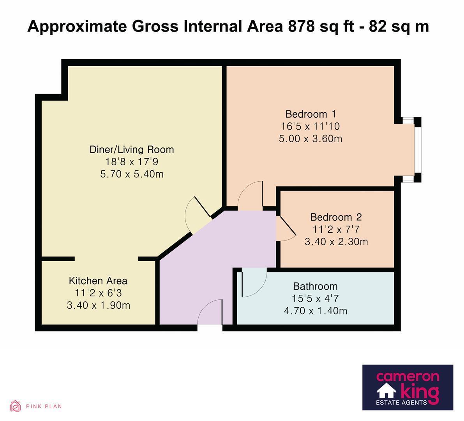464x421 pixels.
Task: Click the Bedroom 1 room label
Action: pyautogui.click(x=311, y=114)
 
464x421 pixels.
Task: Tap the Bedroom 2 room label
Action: pyautogui.click(x=336, y=217)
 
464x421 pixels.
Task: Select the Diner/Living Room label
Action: pyautogui.click(x=132, y=150)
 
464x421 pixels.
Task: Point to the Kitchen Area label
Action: pyautogui.click(x=98, y=281)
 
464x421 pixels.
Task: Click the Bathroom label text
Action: pyautogui.click(x=316, y=286)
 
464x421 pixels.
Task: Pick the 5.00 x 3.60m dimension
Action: pyautogui.click(x=311, y=138)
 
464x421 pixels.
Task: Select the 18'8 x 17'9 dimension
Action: pyautogui.click(x=132, y=162)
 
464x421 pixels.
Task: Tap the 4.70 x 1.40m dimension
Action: pyautogui.click(x=316, y=311)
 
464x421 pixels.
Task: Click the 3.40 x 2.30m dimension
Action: pyautogui.click(x=336, y=242)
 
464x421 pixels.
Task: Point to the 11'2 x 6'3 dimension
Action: pyautogui.click(x=98, y=293)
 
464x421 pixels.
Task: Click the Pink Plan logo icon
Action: pyautogui.click(x=15, y=406)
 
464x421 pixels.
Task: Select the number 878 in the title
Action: pyautogui.click(x=301, y=27)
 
